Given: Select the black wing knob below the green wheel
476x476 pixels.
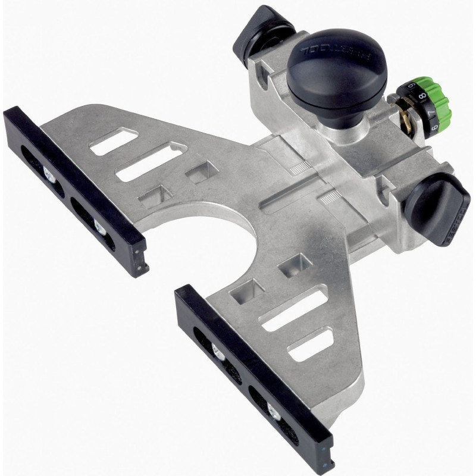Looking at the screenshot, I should (x=437, y=209).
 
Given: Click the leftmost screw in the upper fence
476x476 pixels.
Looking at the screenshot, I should (x=48, y=173).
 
